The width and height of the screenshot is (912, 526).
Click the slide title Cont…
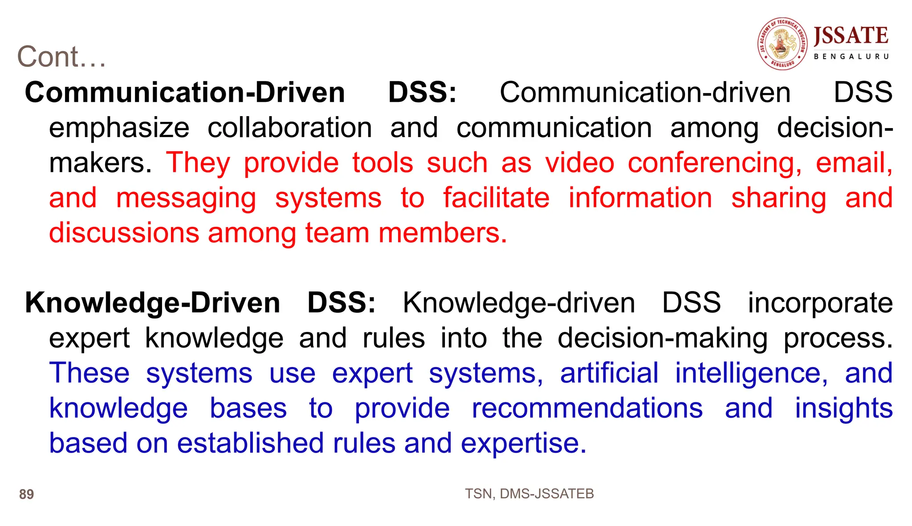pyautogui.click(x=61, y=57)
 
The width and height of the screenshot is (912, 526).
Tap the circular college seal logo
pyautogui.click(x=782, y=44)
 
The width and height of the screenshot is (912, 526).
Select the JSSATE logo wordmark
pyautogui.click(x=851, y=36)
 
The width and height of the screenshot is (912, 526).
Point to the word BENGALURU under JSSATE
pyautogui.click(x=851, y=57)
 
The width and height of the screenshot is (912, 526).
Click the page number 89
pyautogui.click(x=26, y=494)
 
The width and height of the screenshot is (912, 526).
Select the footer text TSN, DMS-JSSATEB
pyautogui.click(x=529, y=494)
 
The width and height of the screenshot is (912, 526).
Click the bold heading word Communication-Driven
pyautogui.click(x=185, y=93)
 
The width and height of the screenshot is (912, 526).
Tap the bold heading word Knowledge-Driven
pyautogui.click(x=152, y=303)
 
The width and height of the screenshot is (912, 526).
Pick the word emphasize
pyautogui.click(x=119, y=128)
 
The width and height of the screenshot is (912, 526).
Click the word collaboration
pyautogui.click(x=289, y=128)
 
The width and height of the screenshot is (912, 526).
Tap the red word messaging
pyautogui.click(x=186, y=198)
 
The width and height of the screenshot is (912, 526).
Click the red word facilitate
pyautogui.click(x=496, y=198)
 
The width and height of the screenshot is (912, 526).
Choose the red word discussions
pyautogui.click(x=124, y=233)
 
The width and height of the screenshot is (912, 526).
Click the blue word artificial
pyautogui.click(x=609, y=373)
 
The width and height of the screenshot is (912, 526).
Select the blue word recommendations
pyautogui.click(x=587, y=408)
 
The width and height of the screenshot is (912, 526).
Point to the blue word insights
pyautogui.click(x=843, y=408)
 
